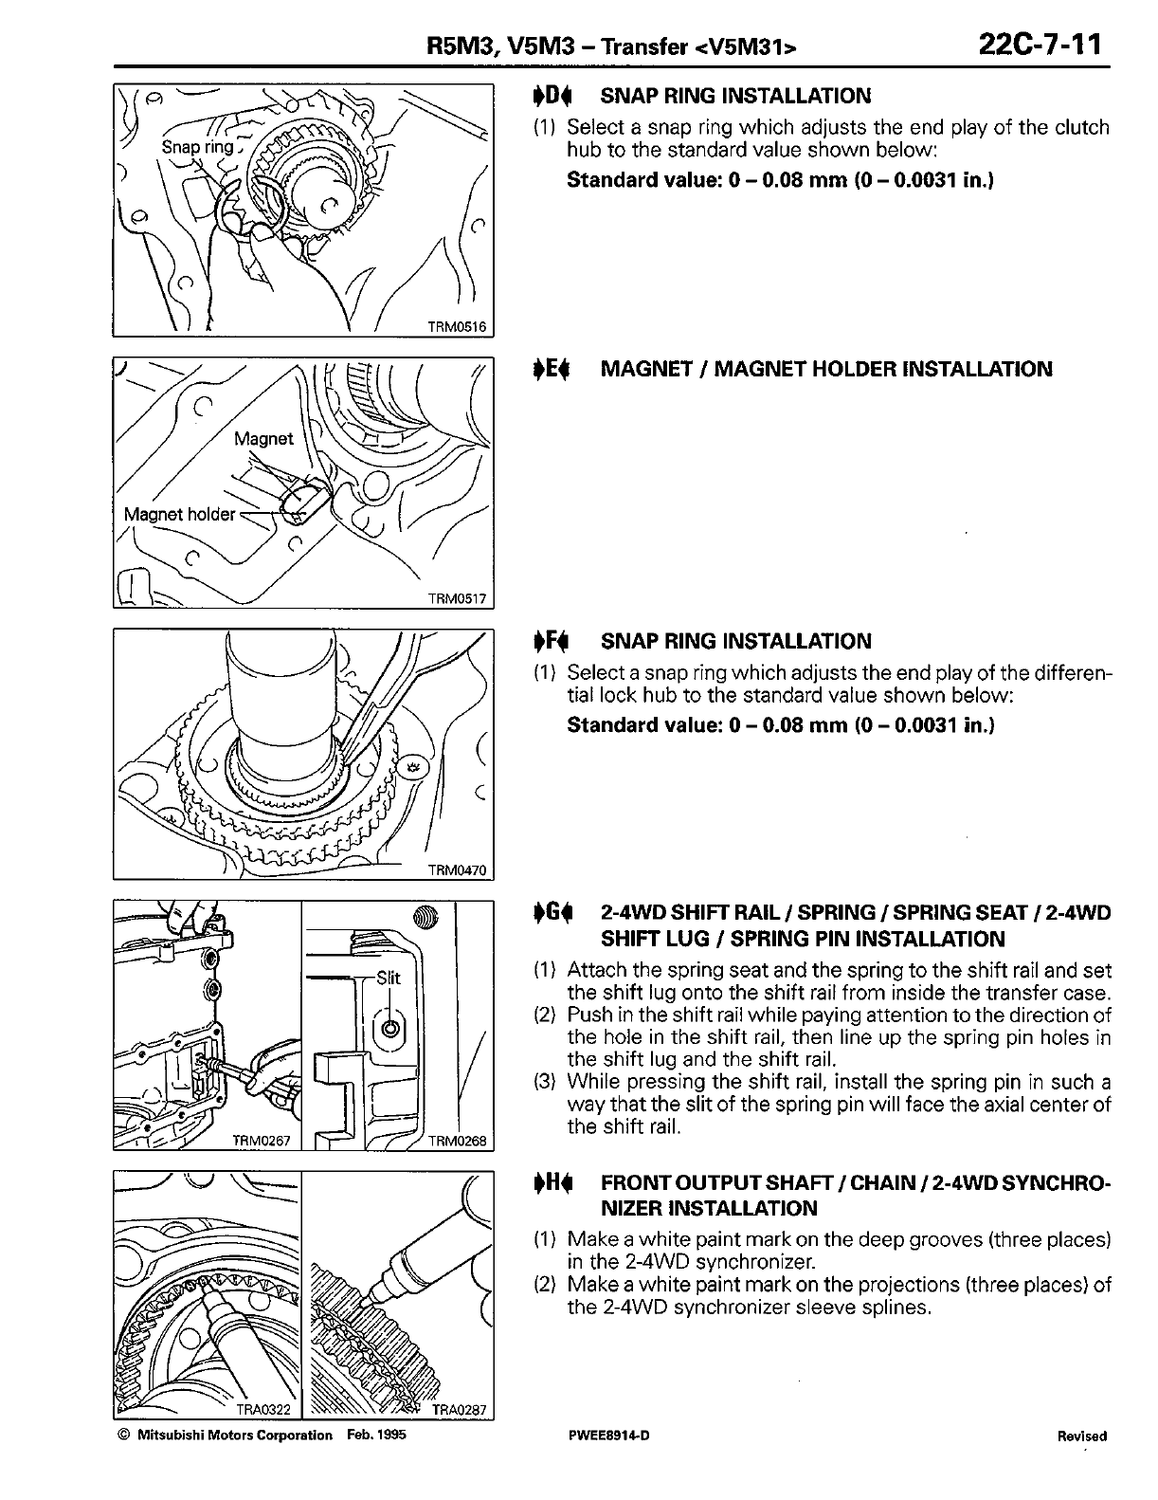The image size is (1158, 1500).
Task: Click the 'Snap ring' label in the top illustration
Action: pyautogui.click(x=197, y=147)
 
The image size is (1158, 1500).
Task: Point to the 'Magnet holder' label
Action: pyautogui.click(x=180, y=514)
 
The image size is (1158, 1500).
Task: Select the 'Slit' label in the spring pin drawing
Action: pyautogui.click(x=389, y=978)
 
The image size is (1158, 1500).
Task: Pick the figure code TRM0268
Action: pyautogui.click(x=457, y=1141)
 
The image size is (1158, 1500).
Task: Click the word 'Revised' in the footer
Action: pyautogui.click(x=1081, y=1436)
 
